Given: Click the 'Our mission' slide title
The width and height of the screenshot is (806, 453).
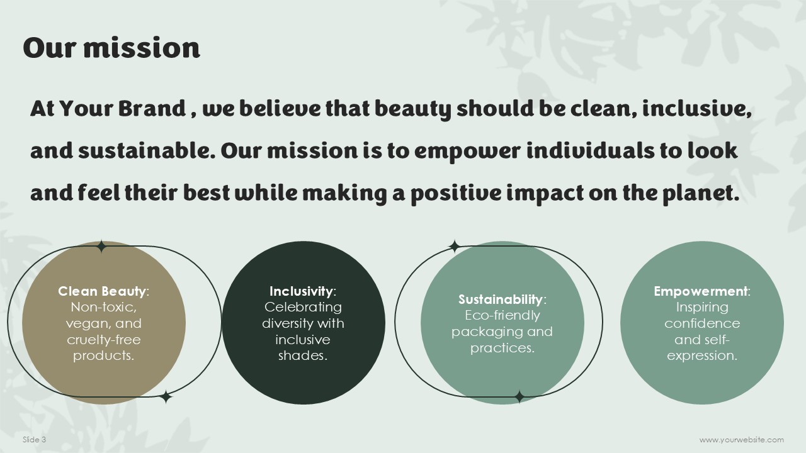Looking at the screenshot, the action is (111, 47).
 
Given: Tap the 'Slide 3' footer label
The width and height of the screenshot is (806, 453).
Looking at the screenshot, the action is (34, 439).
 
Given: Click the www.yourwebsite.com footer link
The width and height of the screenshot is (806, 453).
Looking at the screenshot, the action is (742, 440).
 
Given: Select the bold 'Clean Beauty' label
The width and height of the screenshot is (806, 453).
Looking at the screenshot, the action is (102, 291).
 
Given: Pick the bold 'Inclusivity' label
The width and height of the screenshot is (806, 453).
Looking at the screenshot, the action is (301, 291).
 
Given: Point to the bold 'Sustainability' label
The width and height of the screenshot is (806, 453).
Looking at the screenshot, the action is (500, 299).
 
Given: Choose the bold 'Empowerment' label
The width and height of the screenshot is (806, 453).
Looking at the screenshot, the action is (700, 291).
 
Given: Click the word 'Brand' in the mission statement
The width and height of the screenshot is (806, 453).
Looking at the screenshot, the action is (152, 108).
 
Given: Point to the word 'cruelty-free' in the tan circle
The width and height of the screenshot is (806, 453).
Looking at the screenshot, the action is (104, 340).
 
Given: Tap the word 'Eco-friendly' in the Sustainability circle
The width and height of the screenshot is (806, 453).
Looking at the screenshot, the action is (502, 315).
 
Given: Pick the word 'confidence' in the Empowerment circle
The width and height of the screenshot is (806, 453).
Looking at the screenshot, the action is (702, 323).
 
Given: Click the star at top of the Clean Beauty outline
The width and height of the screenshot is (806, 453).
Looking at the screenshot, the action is (101, 247).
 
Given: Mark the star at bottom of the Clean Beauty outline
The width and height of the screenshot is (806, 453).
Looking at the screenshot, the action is (166, 397).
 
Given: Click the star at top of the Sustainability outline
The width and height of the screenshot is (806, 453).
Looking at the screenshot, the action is (455, 247).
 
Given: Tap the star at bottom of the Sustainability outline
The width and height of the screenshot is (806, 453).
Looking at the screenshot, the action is (519, 397).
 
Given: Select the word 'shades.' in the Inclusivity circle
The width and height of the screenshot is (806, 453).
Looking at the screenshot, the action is (303, 355).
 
